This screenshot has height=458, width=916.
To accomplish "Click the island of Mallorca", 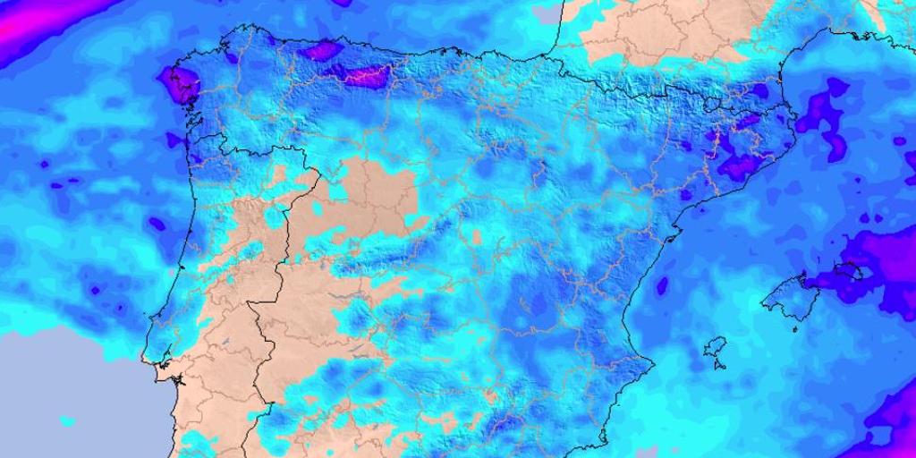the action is [787, 295].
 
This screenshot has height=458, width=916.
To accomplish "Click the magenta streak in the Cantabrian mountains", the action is [365, 75].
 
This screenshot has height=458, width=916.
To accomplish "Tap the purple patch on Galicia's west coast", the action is [179, 86].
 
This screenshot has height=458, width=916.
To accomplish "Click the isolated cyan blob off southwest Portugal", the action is [67, 419].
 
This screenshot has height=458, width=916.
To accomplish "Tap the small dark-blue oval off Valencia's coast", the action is [662, 286].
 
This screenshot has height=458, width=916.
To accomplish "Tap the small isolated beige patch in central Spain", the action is [477, 237].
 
